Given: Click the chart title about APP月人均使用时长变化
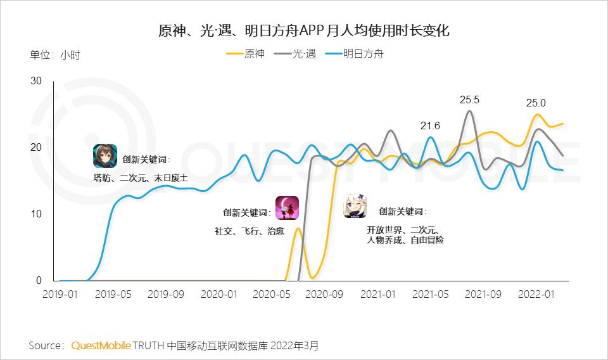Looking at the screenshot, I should point(303,30).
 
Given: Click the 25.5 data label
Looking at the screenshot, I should point(469,100).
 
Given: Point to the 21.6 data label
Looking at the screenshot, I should point(430,125).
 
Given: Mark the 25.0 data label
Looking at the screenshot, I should point(536,103).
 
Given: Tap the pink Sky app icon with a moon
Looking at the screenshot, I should point(286,208).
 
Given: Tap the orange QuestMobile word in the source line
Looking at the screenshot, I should point(101,345).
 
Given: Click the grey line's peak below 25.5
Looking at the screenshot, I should point(469,112).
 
